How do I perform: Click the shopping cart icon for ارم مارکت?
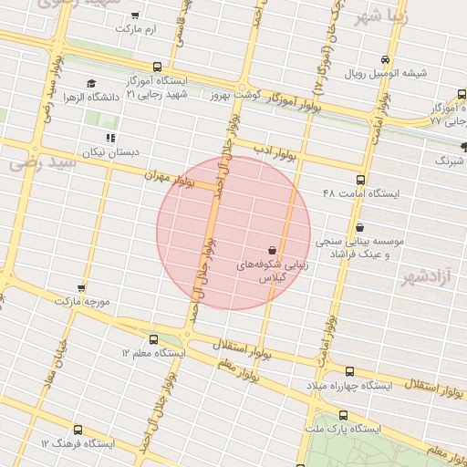point(135,16)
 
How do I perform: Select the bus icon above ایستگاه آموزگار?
point(158,67)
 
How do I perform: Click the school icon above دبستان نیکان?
point(110,138)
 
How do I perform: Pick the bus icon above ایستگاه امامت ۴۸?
point(360,180)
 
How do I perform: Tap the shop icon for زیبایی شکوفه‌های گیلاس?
point(272,249)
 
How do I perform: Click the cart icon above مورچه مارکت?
point(82,287)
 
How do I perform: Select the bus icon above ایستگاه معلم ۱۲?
point(153,338)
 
